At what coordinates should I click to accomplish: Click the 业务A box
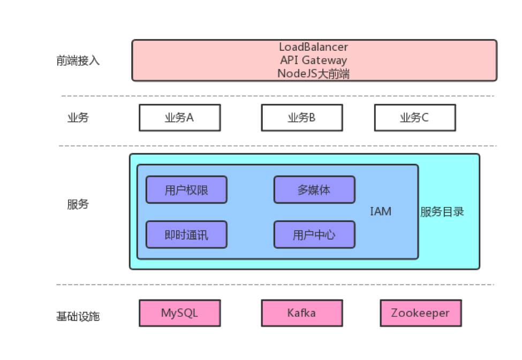179,118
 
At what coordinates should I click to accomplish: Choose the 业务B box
301,118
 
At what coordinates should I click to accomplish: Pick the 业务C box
414,118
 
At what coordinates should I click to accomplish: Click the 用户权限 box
186,190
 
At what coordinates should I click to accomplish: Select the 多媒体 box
314,190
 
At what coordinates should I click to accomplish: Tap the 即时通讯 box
186,235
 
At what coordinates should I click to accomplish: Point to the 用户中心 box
314,235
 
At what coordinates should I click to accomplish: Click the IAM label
381,212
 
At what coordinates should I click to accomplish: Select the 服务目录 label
442,212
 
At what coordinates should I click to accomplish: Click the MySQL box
179,313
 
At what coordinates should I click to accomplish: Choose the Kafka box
301,313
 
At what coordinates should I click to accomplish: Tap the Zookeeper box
420,313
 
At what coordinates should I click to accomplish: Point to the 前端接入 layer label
78,60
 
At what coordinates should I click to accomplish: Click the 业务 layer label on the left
78,118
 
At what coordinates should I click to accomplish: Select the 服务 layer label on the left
78,204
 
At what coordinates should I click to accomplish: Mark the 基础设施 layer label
78,317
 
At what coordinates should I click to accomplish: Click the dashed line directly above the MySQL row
276,285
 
